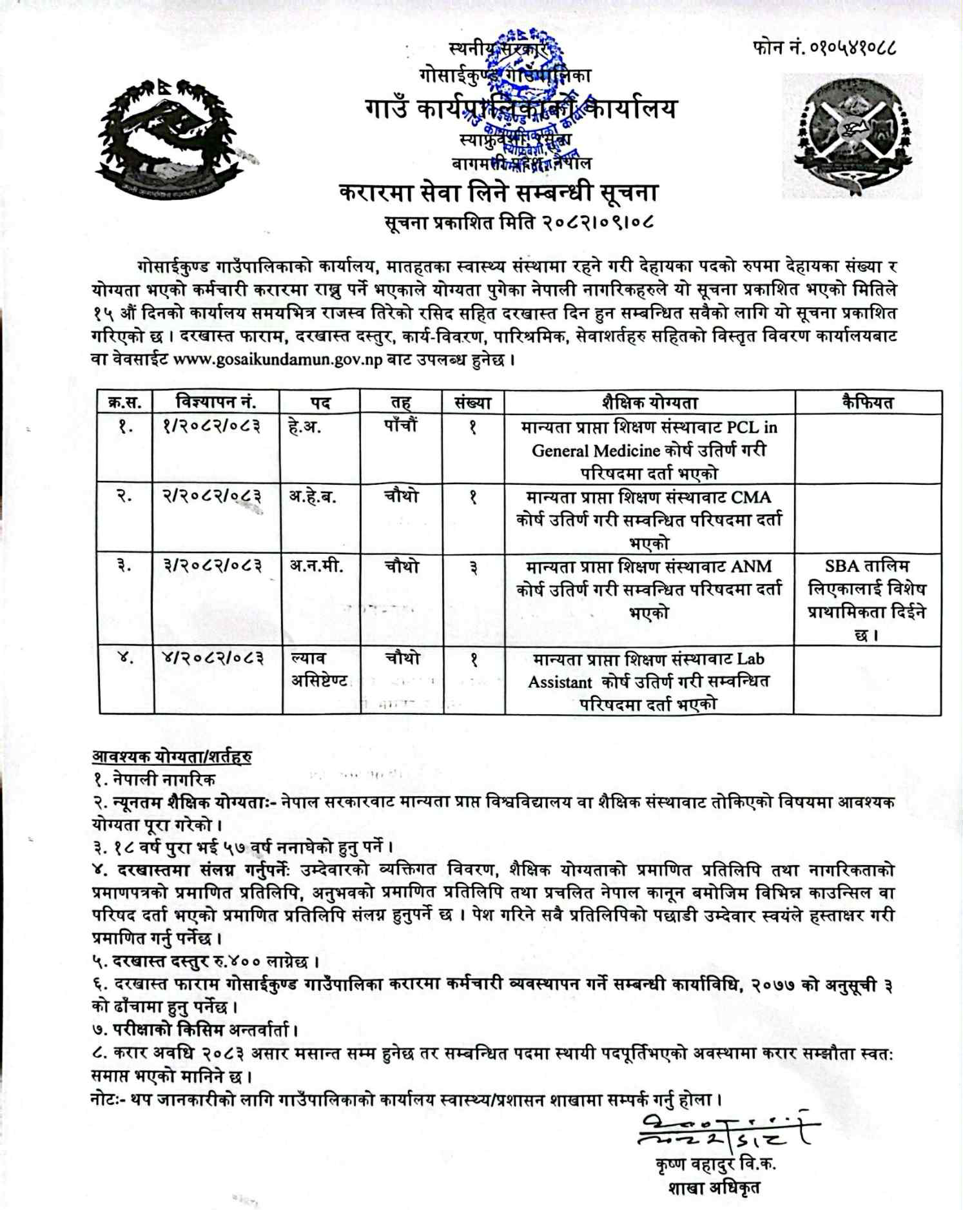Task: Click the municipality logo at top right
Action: (x=851, y=136)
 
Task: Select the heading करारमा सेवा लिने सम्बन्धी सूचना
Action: (x=498, y=193)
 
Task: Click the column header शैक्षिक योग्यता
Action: (x=649, y=403)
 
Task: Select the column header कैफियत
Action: (x=868, y=402)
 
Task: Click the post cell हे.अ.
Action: (x=305, y=427)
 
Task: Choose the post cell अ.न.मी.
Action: (x=316, y=566)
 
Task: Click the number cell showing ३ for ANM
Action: (x=473, y=567)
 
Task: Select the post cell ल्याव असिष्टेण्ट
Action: (x=319, y=669)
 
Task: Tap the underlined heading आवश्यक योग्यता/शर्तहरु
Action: (x=171, y=756)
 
